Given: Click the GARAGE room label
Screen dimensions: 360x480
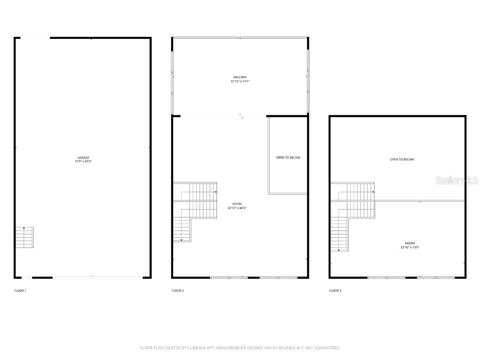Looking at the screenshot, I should coord(83,157).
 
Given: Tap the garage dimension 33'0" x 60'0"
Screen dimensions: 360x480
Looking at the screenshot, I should coord(83,161).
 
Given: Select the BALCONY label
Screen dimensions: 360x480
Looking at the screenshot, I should coord(240,77).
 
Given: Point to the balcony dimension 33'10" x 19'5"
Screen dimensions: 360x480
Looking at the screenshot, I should coord(240,81).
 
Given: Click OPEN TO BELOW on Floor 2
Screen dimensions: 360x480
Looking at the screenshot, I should coord(288,157).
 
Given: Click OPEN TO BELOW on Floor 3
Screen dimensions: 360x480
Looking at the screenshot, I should coord(402,159).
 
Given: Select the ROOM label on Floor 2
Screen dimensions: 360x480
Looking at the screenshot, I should coord(237,204).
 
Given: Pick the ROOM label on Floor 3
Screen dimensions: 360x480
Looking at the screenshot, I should coord(410,243).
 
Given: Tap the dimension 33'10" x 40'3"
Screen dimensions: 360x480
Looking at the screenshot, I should coord(237,208).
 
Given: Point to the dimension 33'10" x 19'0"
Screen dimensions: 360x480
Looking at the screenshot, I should coord(410,247).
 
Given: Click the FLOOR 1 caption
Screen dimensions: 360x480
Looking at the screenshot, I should coord(20,291).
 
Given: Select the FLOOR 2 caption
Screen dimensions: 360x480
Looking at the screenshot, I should coord(178,291).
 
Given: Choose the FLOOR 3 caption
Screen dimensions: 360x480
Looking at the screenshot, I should coord(335,291).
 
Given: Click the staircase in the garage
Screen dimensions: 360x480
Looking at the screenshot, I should coord(24,237).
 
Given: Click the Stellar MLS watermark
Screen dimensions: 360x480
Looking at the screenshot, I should coord(457,180).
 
